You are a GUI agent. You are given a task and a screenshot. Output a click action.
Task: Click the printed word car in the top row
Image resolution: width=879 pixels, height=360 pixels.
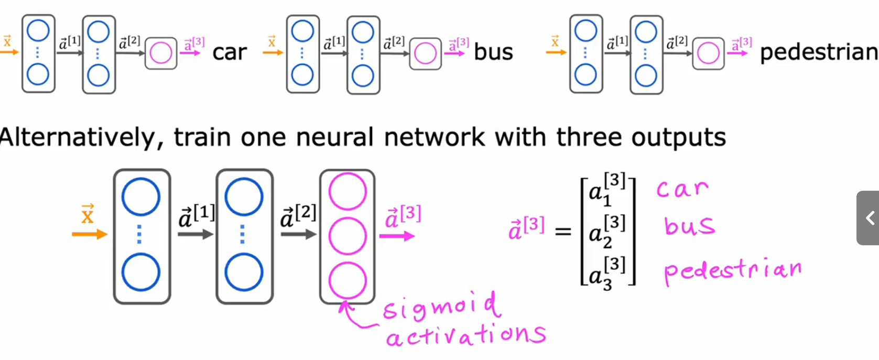click(x=230, y=52)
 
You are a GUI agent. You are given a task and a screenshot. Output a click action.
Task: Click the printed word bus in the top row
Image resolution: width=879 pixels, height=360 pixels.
click(x=493, y=52)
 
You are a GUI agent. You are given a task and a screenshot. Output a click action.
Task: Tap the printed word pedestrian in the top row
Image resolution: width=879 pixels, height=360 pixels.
click(x=819, y=52)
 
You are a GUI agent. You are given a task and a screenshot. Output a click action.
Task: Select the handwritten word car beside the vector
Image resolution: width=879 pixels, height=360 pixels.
click(x=682, y=189)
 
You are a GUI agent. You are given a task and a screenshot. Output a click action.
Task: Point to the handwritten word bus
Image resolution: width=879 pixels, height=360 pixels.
click(x=689, y=225)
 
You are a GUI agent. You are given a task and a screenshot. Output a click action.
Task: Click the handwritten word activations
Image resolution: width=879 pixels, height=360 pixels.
click(x=466, y=336)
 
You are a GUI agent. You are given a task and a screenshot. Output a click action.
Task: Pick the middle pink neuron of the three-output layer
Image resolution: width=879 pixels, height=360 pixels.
click(x=348, y=236)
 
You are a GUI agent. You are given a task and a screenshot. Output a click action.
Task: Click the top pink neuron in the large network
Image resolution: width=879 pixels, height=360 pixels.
click(x=348, y=192)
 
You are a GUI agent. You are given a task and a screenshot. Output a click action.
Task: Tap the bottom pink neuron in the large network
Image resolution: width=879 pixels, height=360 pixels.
click(x=348, y=281)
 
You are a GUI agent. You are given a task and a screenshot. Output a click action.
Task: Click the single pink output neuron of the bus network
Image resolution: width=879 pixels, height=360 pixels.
click(x=426, y=53)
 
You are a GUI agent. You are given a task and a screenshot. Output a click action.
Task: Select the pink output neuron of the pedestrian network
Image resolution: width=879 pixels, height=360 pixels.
click(x=708, y=53)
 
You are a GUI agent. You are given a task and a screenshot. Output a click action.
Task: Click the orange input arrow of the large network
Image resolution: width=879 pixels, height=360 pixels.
click(x=90, y=235)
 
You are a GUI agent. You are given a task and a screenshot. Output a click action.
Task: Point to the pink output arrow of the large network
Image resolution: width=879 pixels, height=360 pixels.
click(x=397, y=236)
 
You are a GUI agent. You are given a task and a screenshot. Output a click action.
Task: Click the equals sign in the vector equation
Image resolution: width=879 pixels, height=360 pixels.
click(x=563, y=232)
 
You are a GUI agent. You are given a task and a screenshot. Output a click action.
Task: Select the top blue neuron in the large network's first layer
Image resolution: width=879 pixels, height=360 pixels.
click(x=141, y=197)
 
